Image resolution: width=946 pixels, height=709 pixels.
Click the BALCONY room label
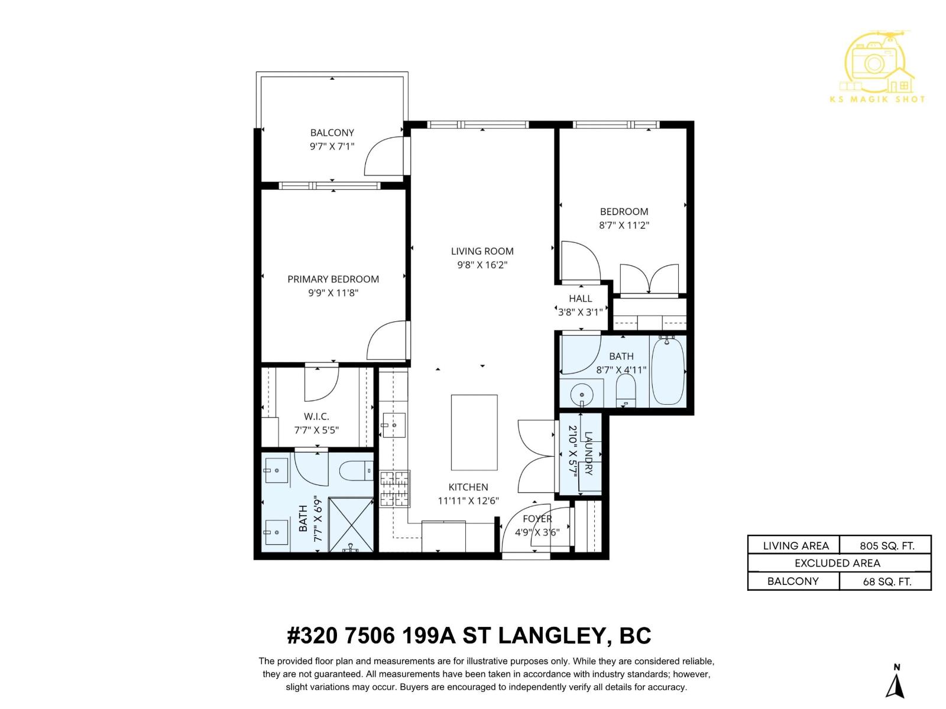click(x=332, y=133)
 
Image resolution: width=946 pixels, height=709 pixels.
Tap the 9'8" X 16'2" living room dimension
click(x=482, y=265)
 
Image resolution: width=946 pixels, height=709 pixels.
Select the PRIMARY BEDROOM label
click(x=333, y=279)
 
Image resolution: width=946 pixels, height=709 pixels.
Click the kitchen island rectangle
click(x=474, y=432)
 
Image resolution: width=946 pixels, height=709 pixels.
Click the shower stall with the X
click(x=351, y=524)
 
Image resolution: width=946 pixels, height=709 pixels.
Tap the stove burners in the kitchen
click(x=394, y=489)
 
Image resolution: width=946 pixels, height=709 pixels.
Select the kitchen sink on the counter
click(x=393, y=425)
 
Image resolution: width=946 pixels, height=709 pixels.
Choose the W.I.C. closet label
click(x=316, y=417)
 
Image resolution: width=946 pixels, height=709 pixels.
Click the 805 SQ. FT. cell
click(x=886, y=546)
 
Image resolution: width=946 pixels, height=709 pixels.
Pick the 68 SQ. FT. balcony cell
click(x=886, y=581)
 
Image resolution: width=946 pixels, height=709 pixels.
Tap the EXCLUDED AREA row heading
click(x=837, y=563)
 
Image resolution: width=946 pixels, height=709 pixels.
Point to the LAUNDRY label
click(x=588, y=453)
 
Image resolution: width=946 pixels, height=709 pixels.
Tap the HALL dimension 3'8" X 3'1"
click(x=580, y=312)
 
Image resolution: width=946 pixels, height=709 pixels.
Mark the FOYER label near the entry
click(x=537, y=519)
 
